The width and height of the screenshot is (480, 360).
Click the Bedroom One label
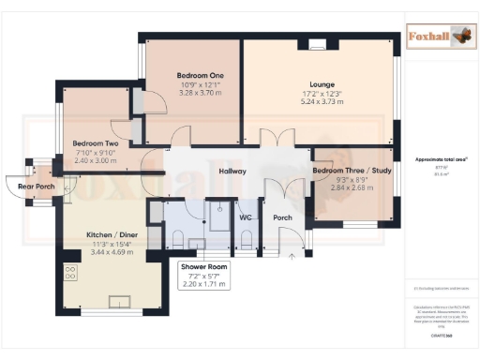click(200, 76)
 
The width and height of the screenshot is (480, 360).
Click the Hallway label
click(232, 172)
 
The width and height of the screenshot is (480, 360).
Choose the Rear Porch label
click(32, 186)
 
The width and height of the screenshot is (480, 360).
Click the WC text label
click(246, 217)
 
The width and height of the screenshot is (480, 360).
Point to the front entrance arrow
click(294, 254)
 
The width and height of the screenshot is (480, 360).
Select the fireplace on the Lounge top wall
click(317, 42)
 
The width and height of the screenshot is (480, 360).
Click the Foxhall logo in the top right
click(440, 37)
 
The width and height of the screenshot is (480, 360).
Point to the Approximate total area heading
click(440, 159)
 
